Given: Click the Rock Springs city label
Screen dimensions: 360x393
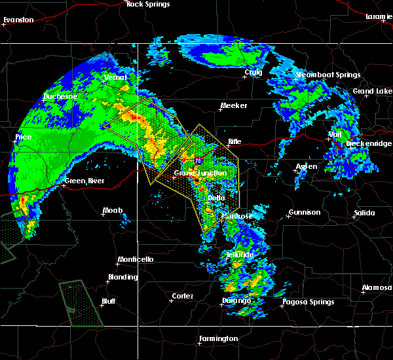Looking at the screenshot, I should tap(148, 5).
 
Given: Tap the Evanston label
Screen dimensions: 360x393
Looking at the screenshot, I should tap(18, 20).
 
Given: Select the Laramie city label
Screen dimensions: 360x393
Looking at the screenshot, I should tap(379, 16).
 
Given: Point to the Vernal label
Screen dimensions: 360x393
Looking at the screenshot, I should tap(115, 78).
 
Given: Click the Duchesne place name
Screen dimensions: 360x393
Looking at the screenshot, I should tap(60, 96).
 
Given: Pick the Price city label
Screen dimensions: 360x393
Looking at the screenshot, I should tap(24, 138).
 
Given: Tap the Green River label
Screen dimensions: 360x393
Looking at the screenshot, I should tap(85, 181).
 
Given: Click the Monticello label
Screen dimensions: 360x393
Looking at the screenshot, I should tap(136, 259).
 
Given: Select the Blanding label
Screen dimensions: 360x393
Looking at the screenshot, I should tap(123, 277).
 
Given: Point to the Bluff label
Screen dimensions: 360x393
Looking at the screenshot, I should tap(108, 301).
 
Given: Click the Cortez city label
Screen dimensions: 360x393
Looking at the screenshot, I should tap(182, 296).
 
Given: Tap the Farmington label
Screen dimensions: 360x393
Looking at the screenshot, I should tap(219, 338).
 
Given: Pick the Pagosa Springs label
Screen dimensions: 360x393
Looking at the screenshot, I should tap(308, 302).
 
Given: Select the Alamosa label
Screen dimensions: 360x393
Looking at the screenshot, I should tap(377, 288).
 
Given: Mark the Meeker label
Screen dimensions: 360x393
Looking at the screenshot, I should tap(233, 105).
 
